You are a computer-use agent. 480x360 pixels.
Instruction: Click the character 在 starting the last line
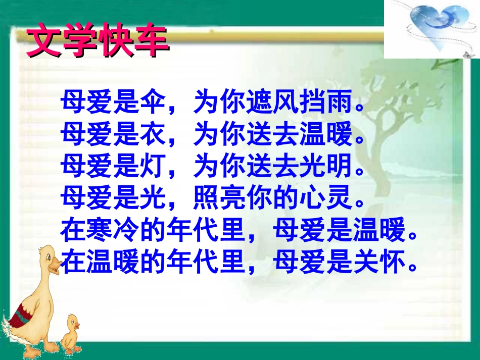pyautogui.click(x=73, y=262)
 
